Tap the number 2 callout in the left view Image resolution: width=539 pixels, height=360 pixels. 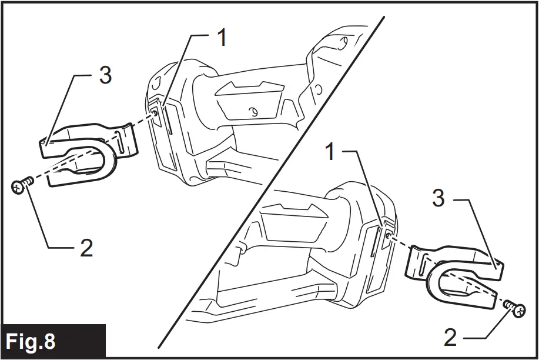[x=86, y=248]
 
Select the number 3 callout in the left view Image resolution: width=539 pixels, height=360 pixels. [x=105, y=75]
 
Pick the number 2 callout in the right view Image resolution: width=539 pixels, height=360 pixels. [x=450, y=337]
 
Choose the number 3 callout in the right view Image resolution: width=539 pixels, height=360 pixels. [x=438, y=199]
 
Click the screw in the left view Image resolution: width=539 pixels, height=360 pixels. [x=21, y=186]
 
